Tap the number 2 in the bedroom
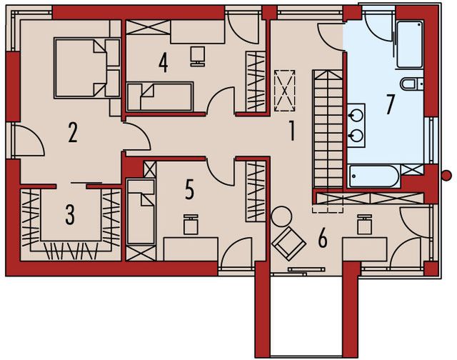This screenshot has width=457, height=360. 72,133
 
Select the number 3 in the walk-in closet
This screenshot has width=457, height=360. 69,215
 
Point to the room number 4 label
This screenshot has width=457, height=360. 164,63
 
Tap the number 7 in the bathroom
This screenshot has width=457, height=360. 389,104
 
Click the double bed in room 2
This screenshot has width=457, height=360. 86,67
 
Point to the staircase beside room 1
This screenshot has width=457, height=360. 328,129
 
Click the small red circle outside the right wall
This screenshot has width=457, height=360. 446,175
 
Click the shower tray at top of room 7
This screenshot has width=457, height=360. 409,44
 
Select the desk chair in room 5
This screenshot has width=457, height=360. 190,225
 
